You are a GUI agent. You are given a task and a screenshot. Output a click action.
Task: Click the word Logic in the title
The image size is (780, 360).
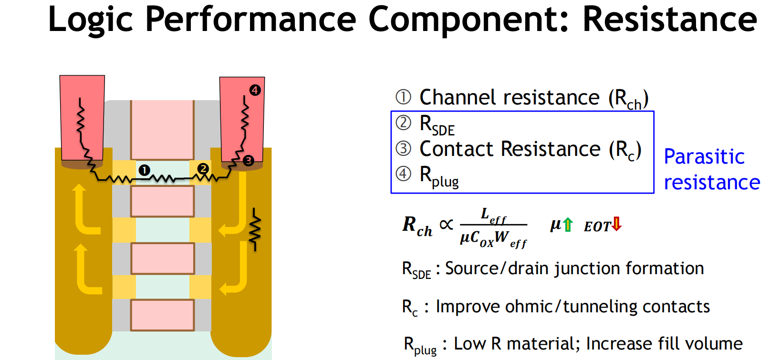coord(91,20)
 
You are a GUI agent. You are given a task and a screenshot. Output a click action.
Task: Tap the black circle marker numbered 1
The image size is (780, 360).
coord(144,170)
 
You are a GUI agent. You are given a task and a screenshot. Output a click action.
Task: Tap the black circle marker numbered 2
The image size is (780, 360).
coord(203,168)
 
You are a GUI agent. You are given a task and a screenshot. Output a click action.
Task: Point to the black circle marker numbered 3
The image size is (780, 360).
coord(248,161)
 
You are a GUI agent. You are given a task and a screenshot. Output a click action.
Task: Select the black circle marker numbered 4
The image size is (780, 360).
coord(255,90)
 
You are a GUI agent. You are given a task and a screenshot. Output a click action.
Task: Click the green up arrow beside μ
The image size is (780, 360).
coord(567,224)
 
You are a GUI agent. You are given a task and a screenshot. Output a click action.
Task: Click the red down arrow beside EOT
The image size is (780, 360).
coord(616,224)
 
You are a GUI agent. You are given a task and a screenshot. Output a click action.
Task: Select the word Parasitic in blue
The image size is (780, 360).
coord(704,157)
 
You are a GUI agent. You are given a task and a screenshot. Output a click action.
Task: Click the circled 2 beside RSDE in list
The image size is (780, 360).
coord(403,123)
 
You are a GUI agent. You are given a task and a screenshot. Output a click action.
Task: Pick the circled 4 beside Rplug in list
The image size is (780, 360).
coord(403,174)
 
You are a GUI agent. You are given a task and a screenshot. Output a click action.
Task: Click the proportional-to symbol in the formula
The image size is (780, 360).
coord(446,224)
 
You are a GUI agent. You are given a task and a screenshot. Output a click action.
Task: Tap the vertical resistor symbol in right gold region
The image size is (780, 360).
coord(255,229)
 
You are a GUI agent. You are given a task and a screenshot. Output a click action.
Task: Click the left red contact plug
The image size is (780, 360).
coord(82,117)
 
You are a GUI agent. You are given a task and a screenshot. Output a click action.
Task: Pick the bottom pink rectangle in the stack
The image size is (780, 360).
coord(162,315)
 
